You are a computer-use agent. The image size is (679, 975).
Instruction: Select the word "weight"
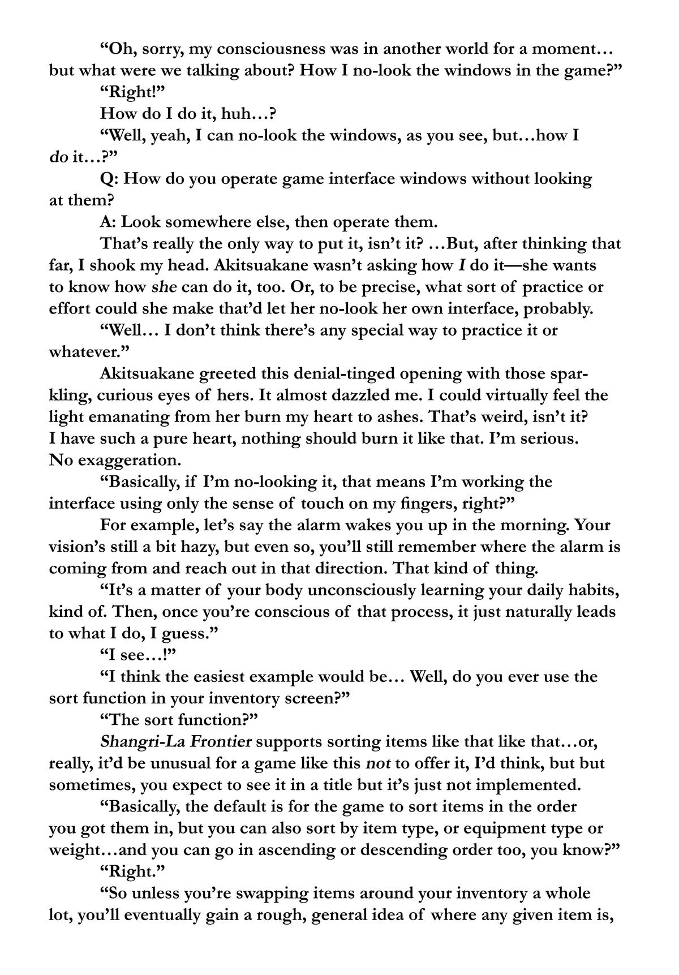73,850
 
